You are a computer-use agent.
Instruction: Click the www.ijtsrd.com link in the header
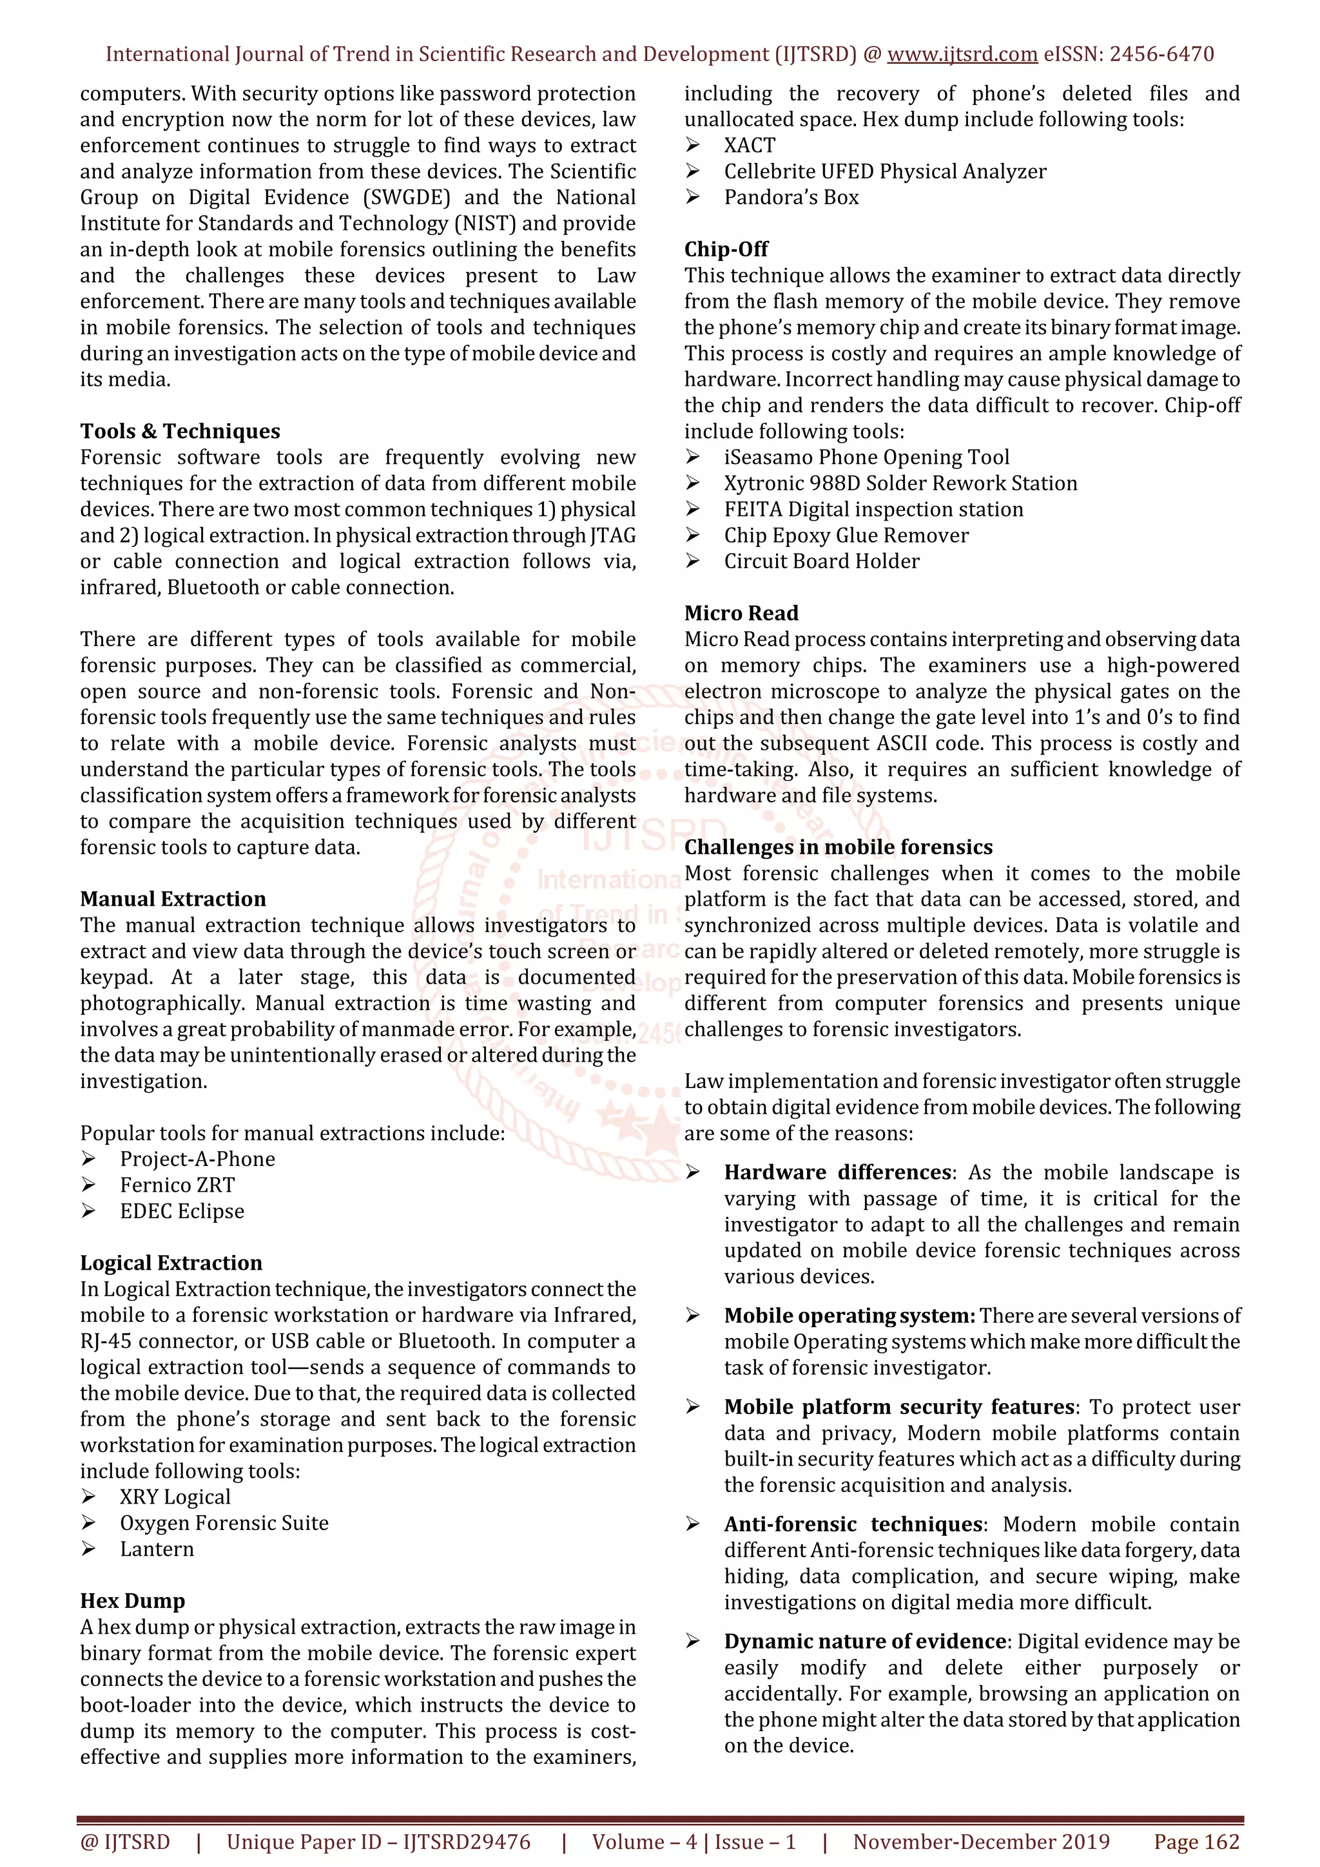pyautogui.click(x=962, y=55)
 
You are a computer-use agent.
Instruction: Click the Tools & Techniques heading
pyautogui.click(x=180, y=431)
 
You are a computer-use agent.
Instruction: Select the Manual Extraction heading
pyautogui.click(x=173, y=899)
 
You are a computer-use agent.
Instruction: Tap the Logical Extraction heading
pyautogui.click(x=171, y=1262)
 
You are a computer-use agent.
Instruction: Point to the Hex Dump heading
pyautogui.click(x=133, y=1600)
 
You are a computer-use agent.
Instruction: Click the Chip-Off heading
pyautogui.click(x=726, y=249)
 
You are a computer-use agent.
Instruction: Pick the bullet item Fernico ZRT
pyautogui.click(x=177, y=1185)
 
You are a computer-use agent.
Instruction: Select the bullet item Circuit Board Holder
pyautogui.click(x=821, y=561)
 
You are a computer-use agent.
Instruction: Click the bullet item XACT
pyautogui.click(x=749, y=145)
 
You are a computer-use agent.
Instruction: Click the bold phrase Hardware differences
pyautogui.click(x=838, y=1172)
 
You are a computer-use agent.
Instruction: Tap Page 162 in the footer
pyautogui.click(x=1196, y=1841)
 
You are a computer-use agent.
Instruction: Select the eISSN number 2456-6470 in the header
pyautogui.click(x=1161, y=55)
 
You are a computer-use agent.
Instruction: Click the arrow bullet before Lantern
pyautogui.click(x=89, y=1549)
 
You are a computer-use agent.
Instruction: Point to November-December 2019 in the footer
pyautogui.click(x=981, y=1841)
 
